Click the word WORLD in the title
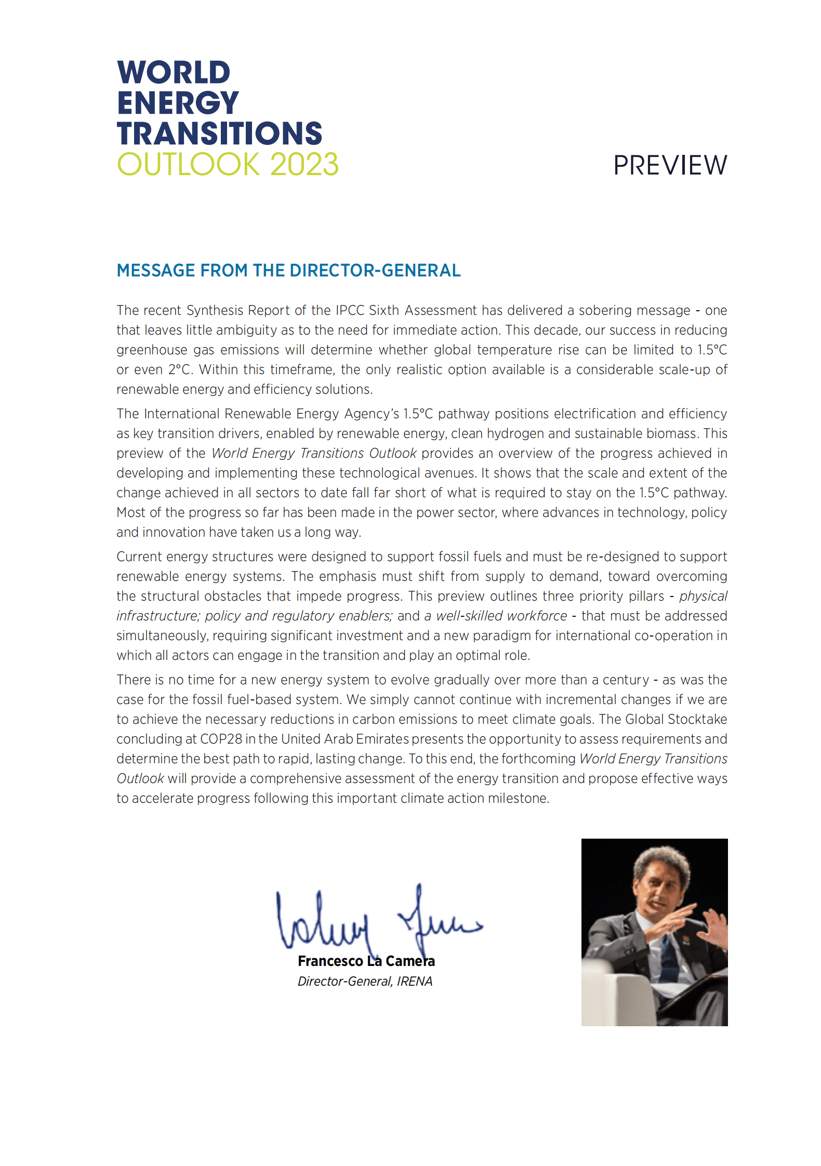(174, 72)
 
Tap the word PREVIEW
(670, 166)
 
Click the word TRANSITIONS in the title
(219, 134)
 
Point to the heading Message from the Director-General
(288, 271)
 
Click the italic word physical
(703, 596)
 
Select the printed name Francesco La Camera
(366, 961)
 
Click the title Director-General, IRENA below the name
(365, 981)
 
